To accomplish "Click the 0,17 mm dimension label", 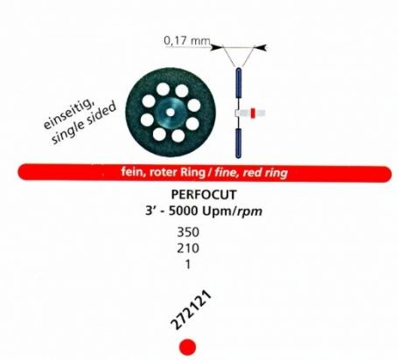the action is [187, 40].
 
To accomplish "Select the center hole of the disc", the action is [171, 113].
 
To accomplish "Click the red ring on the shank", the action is [253, 113].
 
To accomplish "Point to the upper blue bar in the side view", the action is [238, 83].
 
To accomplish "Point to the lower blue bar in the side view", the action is [238, 142].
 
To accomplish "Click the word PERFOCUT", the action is [204, 195].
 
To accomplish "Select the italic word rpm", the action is [249, 211].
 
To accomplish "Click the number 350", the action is [188, 232].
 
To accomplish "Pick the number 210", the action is [188, 248].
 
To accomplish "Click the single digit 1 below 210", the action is [188, 264].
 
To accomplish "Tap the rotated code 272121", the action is [191, 310].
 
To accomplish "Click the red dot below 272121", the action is [187, 347].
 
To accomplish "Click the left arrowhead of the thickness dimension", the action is [217, 47].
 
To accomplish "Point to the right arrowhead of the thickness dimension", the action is [261, 47].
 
